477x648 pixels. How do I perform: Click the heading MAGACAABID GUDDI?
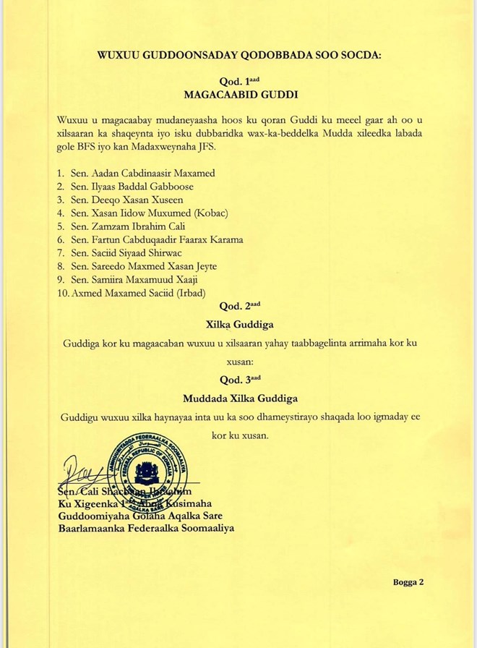click(239, 94)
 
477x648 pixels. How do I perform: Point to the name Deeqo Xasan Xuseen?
click(132, 200)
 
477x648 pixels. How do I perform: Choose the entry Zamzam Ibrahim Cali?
click(134, 226)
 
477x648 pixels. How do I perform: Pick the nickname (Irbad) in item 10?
click(190, 292)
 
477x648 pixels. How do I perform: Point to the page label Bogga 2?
click(408, 581)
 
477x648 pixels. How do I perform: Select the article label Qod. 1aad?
click(239, 81)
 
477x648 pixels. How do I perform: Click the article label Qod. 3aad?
click(239, 379)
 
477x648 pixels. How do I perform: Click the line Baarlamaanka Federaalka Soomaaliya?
click(145, 528)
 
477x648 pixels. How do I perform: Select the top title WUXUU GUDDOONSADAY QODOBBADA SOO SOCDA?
click(238, 54)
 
